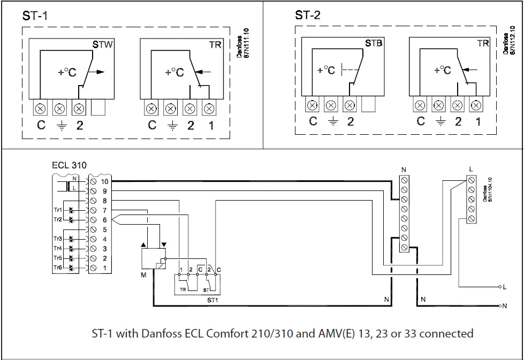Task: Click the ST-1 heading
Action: [35, 16]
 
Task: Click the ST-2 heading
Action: [308, 15]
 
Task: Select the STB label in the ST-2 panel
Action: [374, 43]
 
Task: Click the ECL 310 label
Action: [69, 165]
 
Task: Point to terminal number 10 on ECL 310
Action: [104, 182]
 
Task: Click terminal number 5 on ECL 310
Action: [104, 229]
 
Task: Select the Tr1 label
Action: [57, 210]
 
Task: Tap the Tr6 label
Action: [57, 267]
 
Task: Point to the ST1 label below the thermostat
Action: [212, 300]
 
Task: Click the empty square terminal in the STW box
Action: [99, 109]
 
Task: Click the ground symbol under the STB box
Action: [332, 122]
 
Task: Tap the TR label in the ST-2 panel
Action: [483, 43]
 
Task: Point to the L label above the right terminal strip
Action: [470, 169]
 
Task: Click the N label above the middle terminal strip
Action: [404, 170]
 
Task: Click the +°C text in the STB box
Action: [325, 70]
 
